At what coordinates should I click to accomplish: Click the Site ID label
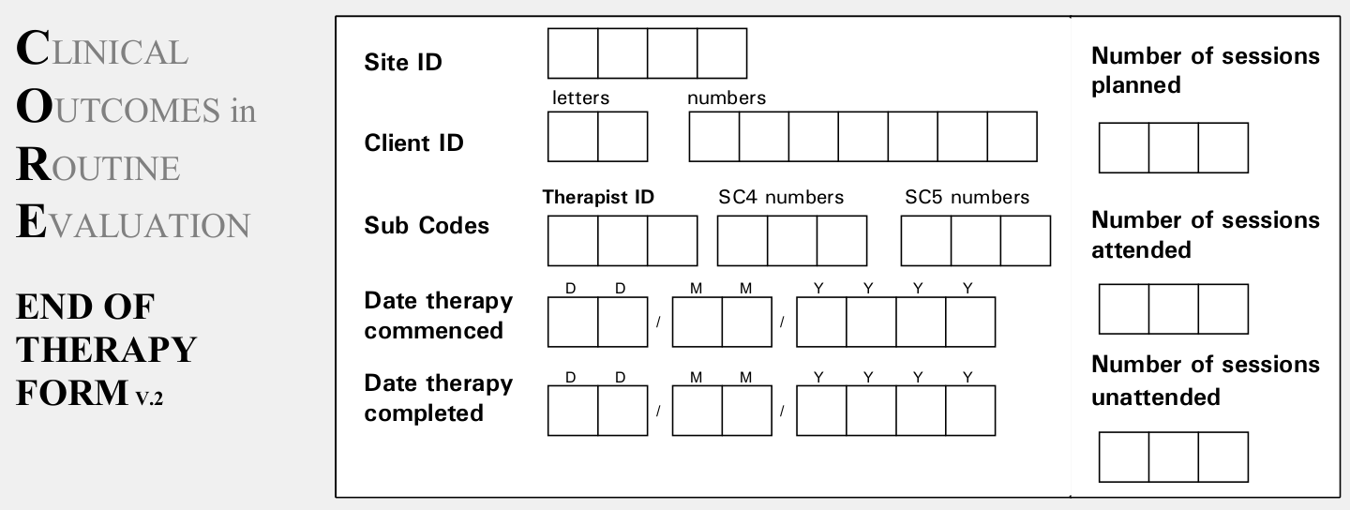click(402, 63)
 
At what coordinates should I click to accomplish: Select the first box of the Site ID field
click(573, 53)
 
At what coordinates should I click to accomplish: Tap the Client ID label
click(413, 143)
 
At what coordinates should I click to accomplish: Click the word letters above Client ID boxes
click(580, 97)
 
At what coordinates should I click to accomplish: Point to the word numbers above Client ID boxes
click(726, 97)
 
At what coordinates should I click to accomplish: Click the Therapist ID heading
click(598, 197)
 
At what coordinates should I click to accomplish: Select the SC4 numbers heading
click(781, 197)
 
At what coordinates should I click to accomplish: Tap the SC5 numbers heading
click(967, 197)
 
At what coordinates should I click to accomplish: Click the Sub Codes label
click(427, 226)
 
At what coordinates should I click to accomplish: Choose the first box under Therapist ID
click(573, 241)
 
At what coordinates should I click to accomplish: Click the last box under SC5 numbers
click(1026, 241)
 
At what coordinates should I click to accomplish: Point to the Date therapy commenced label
click(439, 316)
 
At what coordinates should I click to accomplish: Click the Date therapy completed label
click(439, 397)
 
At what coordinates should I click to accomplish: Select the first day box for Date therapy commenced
click(573, 322)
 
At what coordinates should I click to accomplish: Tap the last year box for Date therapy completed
click(970, 412)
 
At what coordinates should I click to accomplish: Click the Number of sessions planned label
click(1205, 70)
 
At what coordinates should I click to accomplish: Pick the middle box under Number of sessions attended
click(1173, 309)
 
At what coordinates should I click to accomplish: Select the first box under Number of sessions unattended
click(1123, 457)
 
